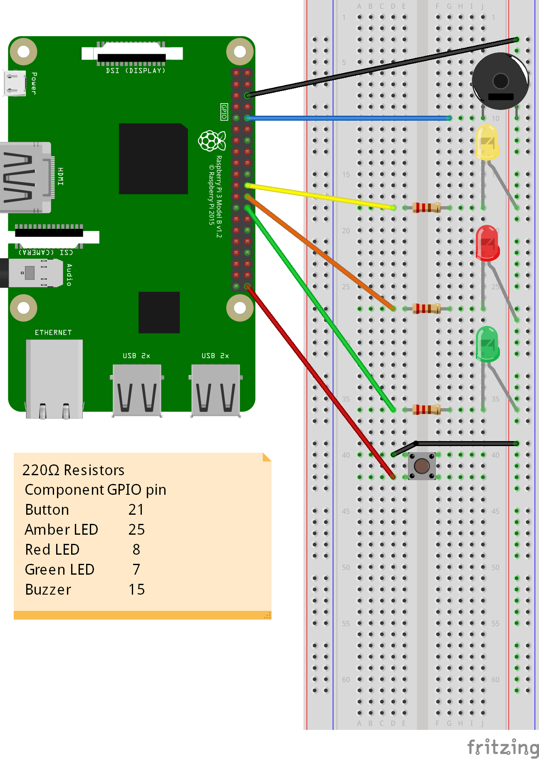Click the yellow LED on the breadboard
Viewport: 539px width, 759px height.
click(487, 143)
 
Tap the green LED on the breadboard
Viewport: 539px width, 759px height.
click(487, 344)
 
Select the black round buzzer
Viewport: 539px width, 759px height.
click(500, 81)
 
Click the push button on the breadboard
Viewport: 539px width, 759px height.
click(422, 466)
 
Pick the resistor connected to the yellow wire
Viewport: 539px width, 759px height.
click(426, 207)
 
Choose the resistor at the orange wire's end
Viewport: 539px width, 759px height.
click(426, 308)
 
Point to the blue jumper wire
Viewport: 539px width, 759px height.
click(349, 118)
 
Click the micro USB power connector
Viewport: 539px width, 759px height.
click(15, 83)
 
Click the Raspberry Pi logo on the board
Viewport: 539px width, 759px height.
click(212, 141)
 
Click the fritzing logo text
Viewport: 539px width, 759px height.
click(502, 747)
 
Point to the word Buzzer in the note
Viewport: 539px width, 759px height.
click(48, 590)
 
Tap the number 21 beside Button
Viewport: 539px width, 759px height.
click(136, 510)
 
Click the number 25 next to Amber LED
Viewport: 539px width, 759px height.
click(136, 530)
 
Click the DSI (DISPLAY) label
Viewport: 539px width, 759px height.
click(136, 71)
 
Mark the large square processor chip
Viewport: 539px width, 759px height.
click(153, 159)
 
